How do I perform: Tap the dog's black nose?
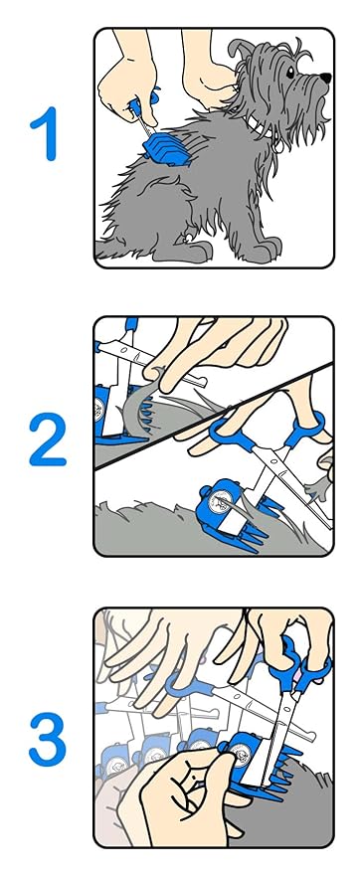click(324, 77)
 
